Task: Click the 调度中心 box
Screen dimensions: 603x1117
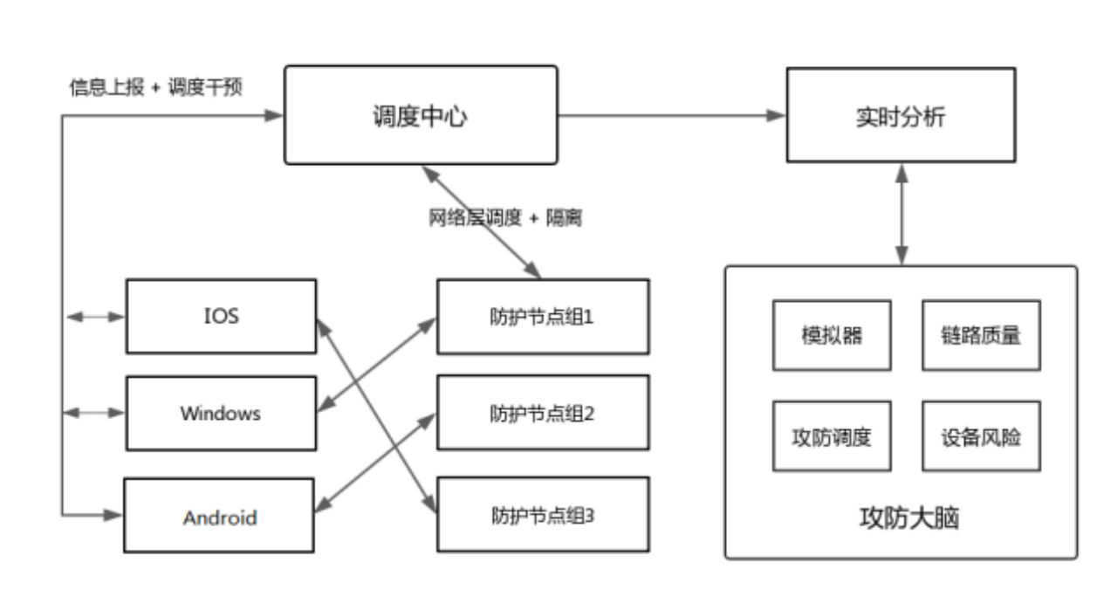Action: tap(421, 114)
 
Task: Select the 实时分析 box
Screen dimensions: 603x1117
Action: tap(901, 114)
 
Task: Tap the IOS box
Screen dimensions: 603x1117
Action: tap(221, 316)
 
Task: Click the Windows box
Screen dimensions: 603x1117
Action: tap(221, 413)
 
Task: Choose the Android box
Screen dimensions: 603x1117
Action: tap(221, 516)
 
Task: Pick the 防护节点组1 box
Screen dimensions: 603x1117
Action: tap(542, 316)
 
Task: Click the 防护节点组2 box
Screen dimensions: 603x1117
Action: tap(542, 413)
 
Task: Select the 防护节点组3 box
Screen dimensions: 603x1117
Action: tap(542, 515)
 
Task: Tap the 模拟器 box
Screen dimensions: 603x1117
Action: tap(831, 336)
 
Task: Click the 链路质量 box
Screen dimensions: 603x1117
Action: tap(981, 336)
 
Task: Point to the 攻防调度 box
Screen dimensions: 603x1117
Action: tap(831, 436)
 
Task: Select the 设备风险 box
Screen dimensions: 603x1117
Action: tap(981, 436)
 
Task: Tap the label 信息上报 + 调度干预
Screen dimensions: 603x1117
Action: tap(156, 88)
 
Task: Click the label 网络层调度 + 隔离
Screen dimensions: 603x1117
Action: tap(504, 218)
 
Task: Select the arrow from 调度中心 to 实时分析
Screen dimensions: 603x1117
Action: tap(672, 115)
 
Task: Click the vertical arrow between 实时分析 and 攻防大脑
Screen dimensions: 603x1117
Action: tap(901, 214)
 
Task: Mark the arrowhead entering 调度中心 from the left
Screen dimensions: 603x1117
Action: tap(275, 115)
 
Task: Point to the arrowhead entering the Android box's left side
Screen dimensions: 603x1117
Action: tap(113, 515)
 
